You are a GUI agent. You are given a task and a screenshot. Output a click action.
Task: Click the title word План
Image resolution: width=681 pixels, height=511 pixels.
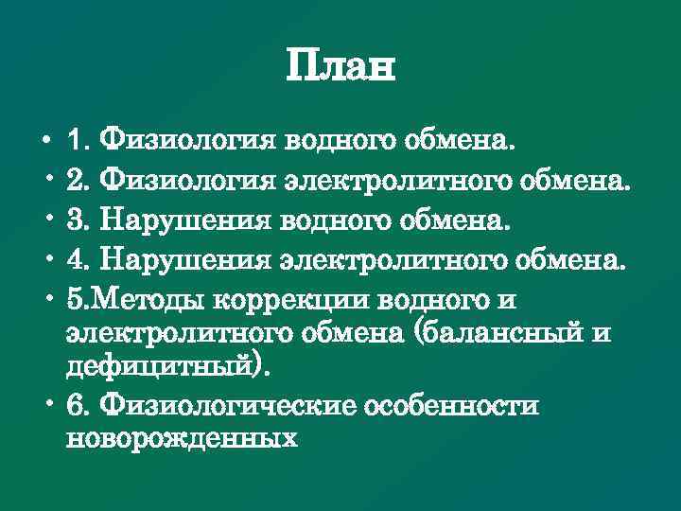340,67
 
